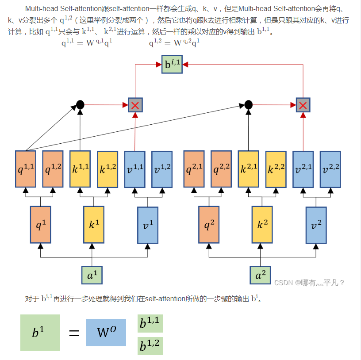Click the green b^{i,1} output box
172,65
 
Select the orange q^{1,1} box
26,169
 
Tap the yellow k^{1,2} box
108,169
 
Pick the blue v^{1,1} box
134,169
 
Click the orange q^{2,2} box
221,169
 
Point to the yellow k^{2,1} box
248,169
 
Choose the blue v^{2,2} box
330,169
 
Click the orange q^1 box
41,224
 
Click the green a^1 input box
92,275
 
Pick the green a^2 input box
260,275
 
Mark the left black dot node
80,105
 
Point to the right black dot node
249,105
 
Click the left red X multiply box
135,105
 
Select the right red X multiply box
303,105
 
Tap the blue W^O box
106,333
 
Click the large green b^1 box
40,333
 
